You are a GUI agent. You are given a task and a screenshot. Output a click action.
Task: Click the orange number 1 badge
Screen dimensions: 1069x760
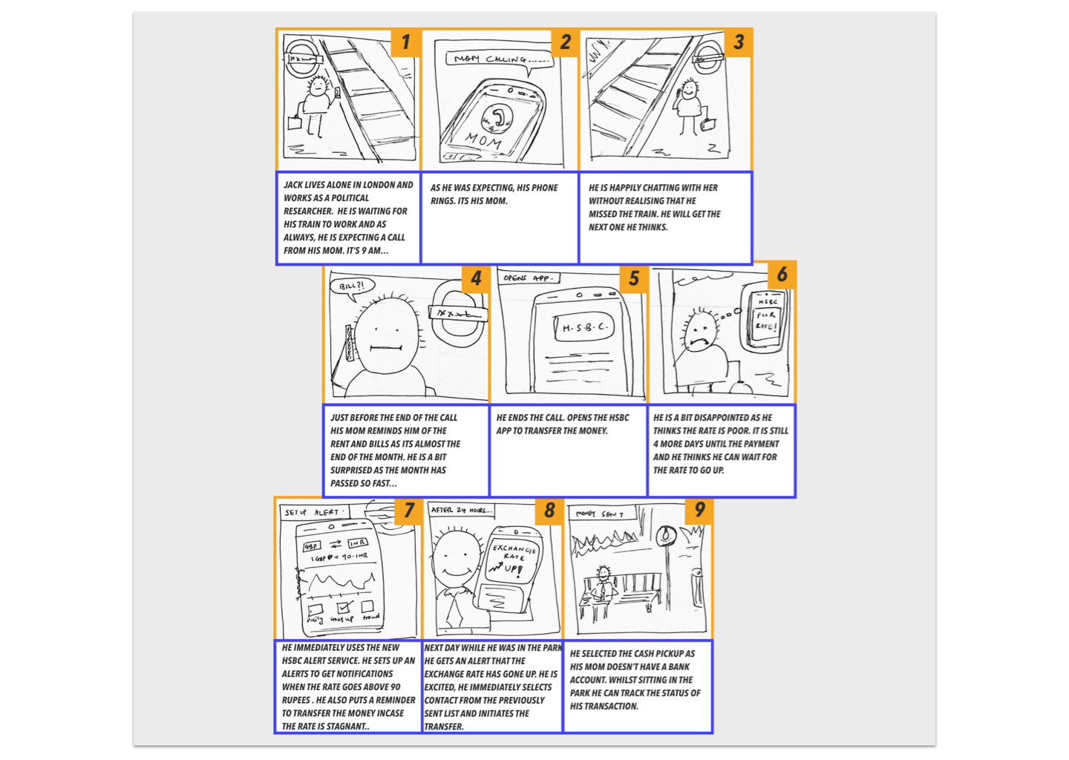pyautogui.click(x=405, y=42)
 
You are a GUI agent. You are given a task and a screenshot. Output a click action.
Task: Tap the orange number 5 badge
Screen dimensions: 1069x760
pyautogui.click(x=633, y=278)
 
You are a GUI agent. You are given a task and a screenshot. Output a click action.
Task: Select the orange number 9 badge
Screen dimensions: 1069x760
pyautogui.click(x=699, y=510)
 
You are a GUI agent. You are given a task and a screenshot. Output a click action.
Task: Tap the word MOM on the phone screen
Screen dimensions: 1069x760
pyautogui.click(x=483, y=139)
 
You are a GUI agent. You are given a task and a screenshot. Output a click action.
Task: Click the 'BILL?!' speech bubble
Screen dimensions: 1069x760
pyautogui.click(x=352, y=286)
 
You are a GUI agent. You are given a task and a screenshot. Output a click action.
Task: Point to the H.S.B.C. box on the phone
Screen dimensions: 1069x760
pyautogui.click(x=584, y=327)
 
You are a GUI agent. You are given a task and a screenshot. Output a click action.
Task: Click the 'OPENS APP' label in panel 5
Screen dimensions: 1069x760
pyautogui.click(x=528, y=278)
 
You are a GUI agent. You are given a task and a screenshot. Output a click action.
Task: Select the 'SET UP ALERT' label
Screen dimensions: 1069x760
pyautogui.click(x=312, y=512)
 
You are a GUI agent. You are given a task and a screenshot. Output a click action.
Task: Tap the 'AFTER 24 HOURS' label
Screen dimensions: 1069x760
pyautogui.click(x=461, y=510)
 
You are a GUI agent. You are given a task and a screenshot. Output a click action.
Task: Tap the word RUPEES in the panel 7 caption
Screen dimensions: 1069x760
pyautogui.click(x=296, y=700)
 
